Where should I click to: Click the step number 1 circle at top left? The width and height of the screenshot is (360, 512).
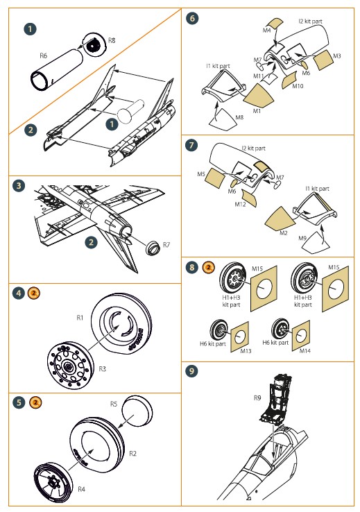(30, 28)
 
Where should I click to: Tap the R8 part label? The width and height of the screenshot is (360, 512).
(112, 40)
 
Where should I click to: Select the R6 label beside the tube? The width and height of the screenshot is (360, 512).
(43, 56)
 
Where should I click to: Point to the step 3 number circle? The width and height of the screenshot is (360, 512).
(19, 186)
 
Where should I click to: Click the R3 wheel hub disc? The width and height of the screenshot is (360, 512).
(68, 365)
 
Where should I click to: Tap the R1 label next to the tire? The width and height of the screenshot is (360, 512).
(80, 317)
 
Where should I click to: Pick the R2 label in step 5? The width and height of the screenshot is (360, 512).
(132, 453)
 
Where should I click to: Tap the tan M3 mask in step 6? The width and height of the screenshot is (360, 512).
(323, 60)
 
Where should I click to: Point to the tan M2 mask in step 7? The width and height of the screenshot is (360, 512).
(280, 219)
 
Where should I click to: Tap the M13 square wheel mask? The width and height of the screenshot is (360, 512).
(240, 336)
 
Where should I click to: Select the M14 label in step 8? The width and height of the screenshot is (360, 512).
(305, 351)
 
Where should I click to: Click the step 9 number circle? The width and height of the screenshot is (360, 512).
(191, 371)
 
